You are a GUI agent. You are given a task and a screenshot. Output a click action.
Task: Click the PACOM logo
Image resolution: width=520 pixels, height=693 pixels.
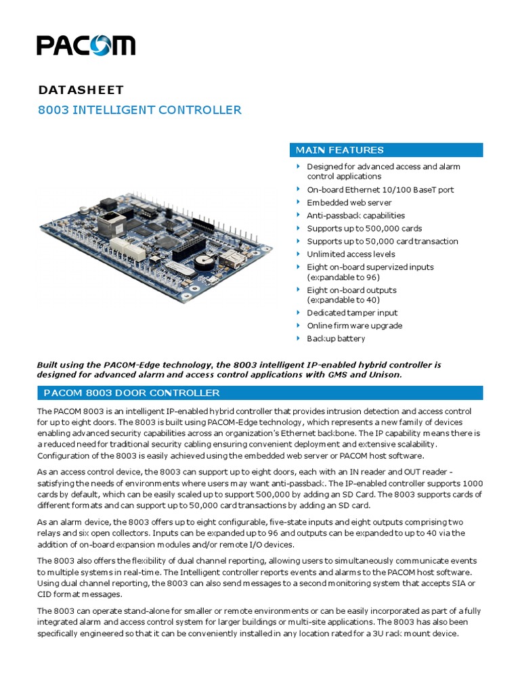(x=86, y=45)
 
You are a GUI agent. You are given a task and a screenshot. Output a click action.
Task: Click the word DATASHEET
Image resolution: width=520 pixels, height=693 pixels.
(x=81, y=89)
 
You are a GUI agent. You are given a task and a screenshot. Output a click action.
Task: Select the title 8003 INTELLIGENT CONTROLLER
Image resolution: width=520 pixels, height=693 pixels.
(x=139, y=110)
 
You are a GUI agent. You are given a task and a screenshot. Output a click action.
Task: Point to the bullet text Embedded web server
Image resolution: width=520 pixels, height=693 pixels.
(x=349, y=202)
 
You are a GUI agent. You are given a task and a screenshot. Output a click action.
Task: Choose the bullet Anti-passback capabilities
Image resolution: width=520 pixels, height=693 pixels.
(x=355, y=215)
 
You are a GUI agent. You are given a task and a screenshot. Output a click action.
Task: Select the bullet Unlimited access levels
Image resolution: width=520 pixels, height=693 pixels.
(x=351, y=254)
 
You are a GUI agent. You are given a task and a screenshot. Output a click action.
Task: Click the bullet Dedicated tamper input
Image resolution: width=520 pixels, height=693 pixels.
(x=352, y=313)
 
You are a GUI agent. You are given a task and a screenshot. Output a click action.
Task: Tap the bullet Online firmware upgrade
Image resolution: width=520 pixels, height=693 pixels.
(x=354, y=326)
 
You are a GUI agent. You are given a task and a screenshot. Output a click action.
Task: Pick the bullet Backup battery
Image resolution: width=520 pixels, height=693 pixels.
(x=336, y=338)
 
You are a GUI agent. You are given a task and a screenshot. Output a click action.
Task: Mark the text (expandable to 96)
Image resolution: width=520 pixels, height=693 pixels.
(x=343, y=277)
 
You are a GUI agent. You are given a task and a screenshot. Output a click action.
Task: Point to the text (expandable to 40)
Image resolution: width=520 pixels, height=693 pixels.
(x=343, y=300)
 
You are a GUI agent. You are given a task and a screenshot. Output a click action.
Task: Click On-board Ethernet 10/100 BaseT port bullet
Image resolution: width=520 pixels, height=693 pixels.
(x=380, y=189)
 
